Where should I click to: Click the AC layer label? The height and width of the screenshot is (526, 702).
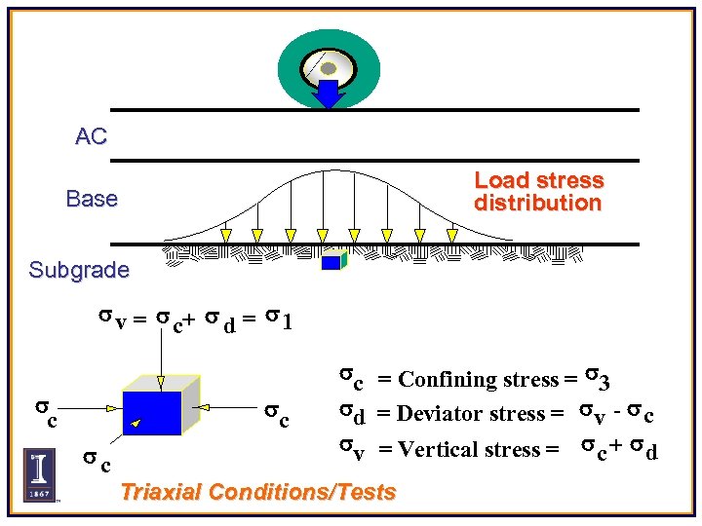pos(91,137)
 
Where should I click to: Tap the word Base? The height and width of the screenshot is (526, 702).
pos(92,199)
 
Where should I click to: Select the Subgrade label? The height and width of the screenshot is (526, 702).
pos(79,270)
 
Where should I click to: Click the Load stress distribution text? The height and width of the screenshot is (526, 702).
pos(538,192)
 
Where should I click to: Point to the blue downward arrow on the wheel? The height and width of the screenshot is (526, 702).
pos(330,94)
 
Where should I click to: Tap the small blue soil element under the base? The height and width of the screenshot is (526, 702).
pos(332,260)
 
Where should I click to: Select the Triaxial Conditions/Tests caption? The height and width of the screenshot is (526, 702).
pos(257,492)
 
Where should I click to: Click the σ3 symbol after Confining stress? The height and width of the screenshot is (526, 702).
pos(598,377)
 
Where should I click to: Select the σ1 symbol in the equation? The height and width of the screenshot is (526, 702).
pos(278,319)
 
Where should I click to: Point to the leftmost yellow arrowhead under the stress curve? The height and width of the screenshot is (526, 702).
pos(226,236)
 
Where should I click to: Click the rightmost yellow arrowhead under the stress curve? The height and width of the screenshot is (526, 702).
pos(451,236)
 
